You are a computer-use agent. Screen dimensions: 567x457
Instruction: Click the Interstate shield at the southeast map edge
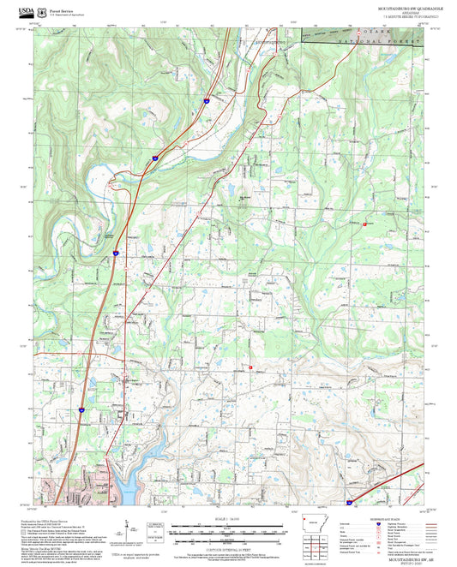(x=349, y=503)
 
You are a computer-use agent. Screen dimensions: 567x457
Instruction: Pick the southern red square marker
(x=250, y=367)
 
